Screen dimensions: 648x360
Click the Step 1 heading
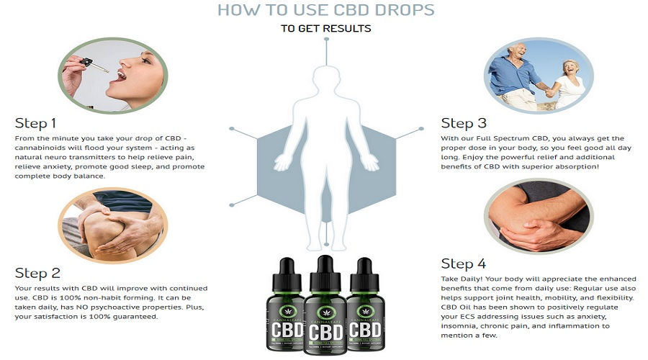(35, 123)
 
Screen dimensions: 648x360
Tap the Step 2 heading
(37, 273)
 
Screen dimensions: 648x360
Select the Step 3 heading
(464, 123)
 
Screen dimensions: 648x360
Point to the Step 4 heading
(463, 264)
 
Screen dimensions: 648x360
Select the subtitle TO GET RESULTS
(325, 29)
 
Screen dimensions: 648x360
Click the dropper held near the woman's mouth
(94, 65)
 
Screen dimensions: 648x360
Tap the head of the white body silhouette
(326, 78)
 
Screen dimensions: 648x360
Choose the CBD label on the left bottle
(287, 330)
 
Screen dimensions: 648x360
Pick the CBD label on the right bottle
(364, 330)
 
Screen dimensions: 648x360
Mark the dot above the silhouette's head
(326, 40)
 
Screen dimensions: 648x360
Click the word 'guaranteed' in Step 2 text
(135, 317)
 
